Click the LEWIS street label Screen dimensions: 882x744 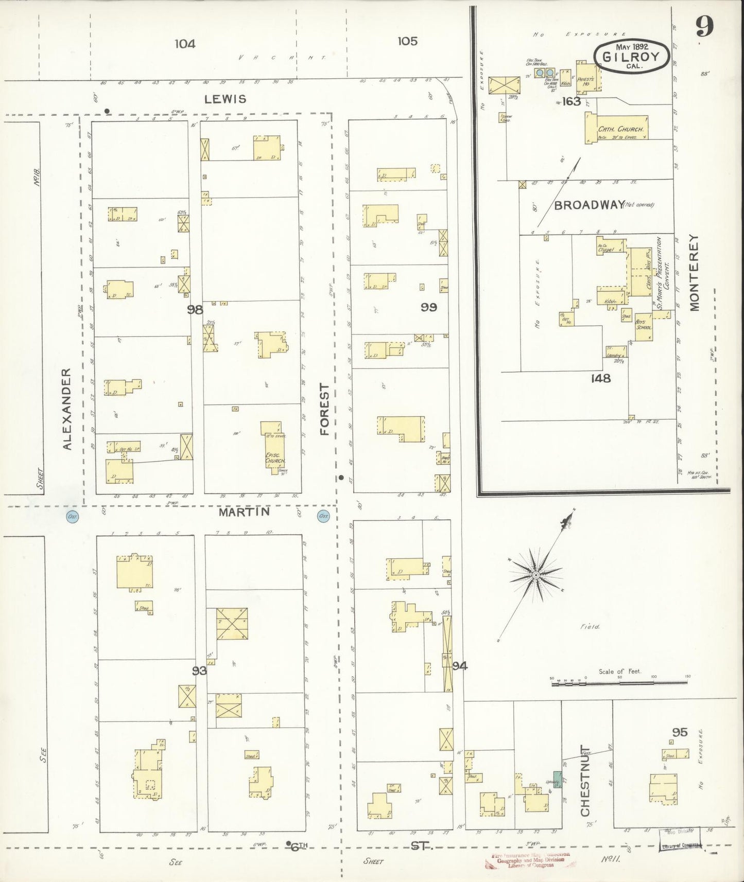[x=225, y=99]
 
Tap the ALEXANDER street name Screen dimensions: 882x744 [x=67, y=409]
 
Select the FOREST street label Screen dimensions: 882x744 [x=324, y=409]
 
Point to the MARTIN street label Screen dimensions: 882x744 [x=244, y=513]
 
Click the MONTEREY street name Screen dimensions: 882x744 [x=694, y=273]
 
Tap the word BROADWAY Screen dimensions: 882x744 [x=589, y=205]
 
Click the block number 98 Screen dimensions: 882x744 [x=196, y=309]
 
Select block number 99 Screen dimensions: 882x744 [x=428, y=307]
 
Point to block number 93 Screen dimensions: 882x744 [x=199, y=671]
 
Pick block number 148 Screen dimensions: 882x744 [x=601, y=378]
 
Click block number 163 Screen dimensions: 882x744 [x=572, y=101]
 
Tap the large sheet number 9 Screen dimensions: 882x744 [x=705, y=26]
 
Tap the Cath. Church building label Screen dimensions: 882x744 [x=617, y=130]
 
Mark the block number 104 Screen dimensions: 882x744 [x=185, y=44]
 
